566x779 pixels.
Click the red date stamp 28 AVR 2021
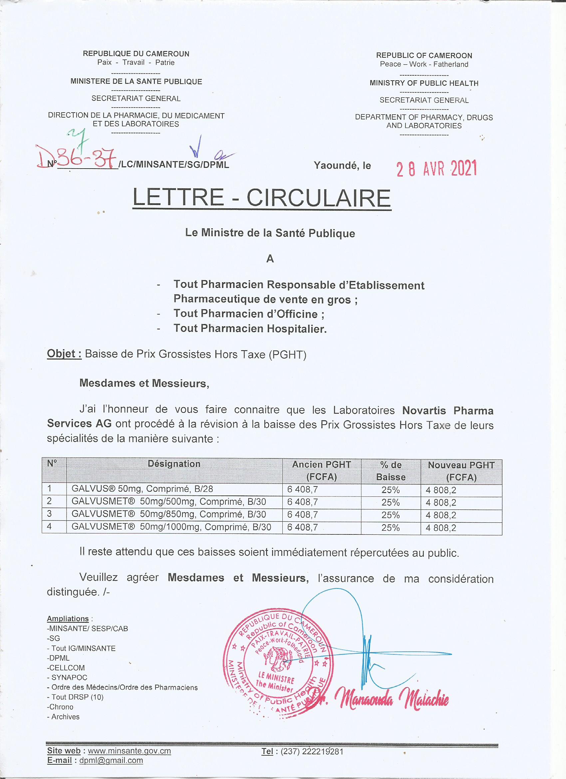pyautogui.click(x=436, y=169)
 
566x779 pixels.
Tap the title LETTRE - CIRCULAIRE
pyautogui.click(x=262, y=198)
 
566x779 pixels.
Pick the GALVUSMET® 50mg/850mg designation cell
pyautogui.click(x=168, y=514)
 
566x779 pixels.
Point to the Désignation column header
pyautogui.click(x=174, y=464)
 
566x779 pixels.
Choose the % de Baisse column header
pyautogui.click(x=391, y=470)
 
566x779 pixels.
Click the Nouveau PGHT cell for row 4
pyautogui.click(x=441, y=528)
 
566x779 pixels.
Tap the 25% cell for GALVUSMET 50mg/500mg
pyautogui.click(x=391, y=502)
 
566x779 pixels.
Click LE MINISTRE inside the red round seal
pyautogui.click(x=276, y=679)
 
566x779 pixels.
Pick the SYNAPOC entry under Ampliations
pyautogui.click(x=69, y=678)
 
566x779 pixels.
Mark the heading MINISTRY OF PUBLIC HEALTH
pyautogui.click(x=424, y=83)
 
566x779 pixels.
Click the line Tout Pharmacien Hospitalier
pyautogui.click(x=250, y=329)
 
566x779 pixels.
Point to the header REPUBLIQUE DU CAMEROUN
pyautogui.click(x=136, y=54)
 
